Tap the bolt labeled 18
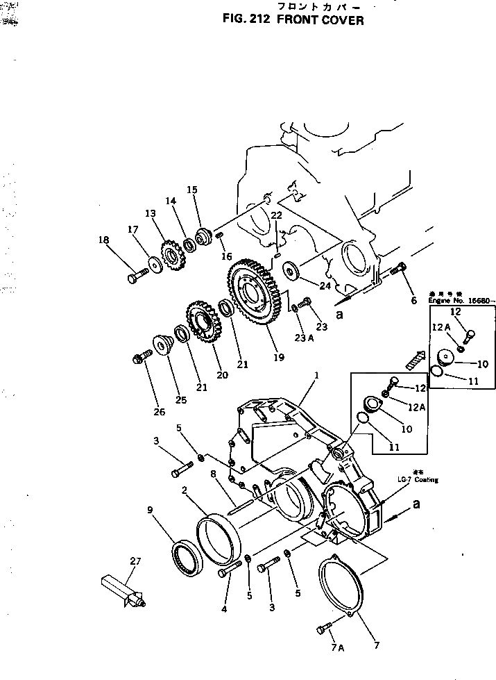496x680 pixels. tap(135, 278)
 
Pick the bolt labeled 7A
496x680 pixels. tap(323, 629)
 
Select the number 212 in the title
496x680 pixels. tap(257, 20)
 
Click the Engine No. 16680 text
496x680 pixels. tap(462, 301)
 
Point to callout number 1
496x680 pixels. tap(316, 376)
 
